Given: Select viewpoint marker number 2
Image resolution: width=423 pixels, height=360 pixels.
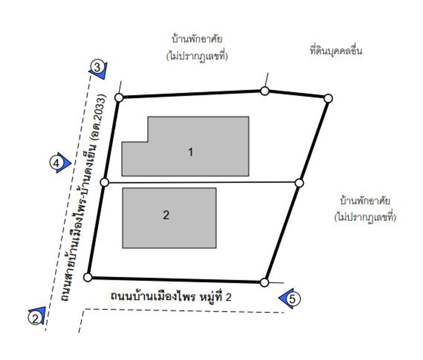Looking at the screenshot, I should pyautogui.click(x=35, y=318).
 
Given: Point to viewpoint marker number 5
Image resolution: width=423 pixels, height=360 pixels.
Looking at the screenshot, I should pyautogui.click(x=292, y=299).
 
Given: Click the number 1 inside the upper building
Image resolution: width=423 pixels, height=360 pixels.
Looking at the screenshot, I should pyautogui.click(x=190, y=152).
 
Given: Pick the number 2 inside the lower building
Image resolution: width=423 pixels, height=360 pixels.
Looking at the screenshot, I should pyautogui.click(x=166, y=215).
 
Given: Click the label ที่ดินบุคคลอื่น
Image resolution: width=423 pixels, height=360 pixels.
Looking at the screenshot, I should pyautogui.click(x=336, y=51).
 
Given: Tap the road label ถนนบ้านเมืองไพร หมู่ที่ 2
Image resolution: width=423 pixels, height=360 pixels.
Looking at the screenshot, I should pyautogui.click(x=171, y=297).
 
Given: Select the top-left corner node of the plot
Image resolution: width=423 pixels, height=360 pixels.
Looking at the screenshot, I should pyautogui.click(x=119, y=98).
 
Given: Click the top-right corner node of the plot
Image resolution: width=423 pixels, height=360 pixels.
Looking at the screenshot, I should pyautogui.click(x=328, y=98).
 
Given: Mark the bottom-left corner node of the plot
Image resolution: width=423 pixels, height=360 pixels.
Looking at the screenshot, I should pyautogui.click(x=88, y=277).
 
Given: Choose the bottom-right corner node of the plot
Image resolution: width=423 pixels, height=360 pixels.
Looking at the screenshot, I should pyautogui.click(x=264, y=283).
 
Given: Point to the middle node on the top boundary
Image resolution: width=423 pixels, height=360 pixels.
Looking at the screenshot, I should pyautogui.click(x=265, y=91).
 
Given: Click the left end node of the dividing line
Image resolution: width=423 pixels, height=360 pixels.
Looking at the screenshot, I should pyautogui.click(x=104, y=182).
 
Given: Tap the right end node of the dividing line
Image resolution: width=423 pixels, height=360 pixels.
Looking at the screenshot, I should pyautogui.click(x=299, y=183).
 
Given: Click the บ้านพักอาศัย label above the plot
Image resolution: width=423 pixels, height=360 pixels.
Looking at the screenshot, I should pyautogui.click(x=197, y=39).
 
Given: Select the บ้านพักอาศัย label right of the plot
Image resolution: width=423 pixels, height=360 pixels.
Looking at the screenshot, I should pyautogui.click(x=365, y=201).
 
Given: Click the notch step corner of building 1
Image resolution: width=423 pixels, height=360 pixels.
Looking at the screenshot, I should pyautogui.click(x=148, y=142).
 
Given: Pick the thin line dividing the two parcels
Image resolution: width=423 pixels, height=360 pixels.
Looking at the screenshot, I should pyautogui.click(x=202, y=182).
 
